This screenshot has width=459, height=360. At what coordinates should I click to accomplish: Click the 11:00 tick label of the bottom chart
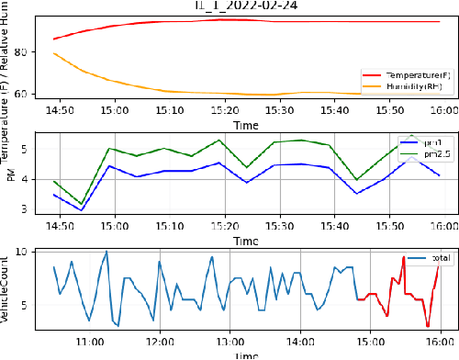[90, 343]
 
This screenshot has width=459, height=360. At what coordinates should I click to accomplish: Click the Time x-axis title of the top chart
[244, 124]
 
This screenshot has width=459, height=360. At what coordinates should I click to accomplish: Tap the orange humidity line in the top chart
[184, 92]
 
